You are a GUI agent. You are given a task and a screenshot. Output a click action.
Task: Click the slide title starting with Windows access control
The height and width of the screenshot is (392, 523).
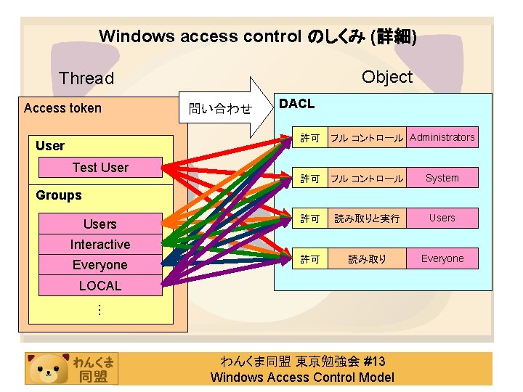pyautogui.click(x=257, y=36)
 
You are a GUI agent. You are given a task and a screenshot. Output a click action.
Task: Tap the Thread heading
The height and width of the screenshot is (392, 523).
pyautogui.click(x=86, y=78)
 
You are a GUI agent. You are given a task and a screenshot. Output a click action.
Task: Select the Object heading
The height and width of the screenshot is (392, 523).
pyautogui.click(x=386, y=78)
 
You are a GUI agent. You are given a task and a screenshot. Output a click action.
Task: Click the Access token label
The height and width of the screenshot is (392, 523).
pyautogui.click(x=62, y=108)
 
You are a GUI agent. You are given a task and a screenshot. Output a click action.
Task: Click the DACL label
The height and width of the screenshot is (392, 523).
pyautogui.click(x=297, y=104)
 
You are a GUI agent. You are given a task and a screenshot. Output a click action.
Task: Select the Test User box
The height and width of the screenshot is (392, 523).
pyautogui.click(x=100, y=168)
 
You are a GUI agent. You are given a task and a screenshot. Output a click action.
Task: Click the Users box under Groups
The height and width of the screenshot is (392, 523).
pyautogui.click(x=100, y=224)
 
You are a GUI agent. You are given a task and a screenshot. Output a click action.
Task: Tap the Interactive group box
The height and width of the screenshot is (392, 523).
pyautogui.click(x=100, y=245)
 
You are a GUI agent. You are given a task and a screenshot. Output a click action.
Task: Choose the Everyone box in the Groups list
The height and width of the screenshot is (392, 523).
pyautogui.click(x=100, y=265)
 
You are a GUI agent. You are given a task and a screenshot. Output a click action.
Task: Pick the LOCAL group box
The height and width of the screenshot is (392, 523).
pyautogui.click(x=100, y=285)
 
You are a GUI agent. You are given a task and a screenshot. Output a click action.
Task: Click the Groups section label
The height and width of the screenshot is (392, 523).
pyautogui.click(x=59, y=195)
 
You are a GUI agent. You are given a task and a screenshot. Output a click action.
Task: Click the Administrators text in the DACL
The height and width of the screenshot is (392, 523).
pyautogui.click(x=442, y=137)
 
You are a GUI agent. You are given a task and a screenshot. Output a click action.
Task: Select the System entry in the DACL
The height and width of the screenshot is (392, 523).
pyautogui.click(x=442, y=178)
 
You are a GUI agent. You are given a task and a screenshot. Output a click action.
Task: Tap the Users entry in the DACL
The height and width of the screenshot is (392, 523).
pyautogui.click(x=442, y=218)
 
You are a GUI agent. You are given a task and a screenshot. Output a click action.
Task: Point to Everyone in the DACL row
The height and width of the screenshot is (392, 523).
pyautogui.click(x=442, y=258)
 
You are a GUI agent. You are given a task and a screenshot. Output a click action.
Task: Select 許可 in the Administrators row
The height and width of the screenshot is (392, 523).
pyautogui.click(x=310, y=138)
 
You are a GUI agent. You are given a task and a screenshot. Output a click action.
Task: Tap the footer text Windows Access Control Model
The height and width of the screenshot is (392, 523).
pyautogui.click(x=302, y=377)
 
